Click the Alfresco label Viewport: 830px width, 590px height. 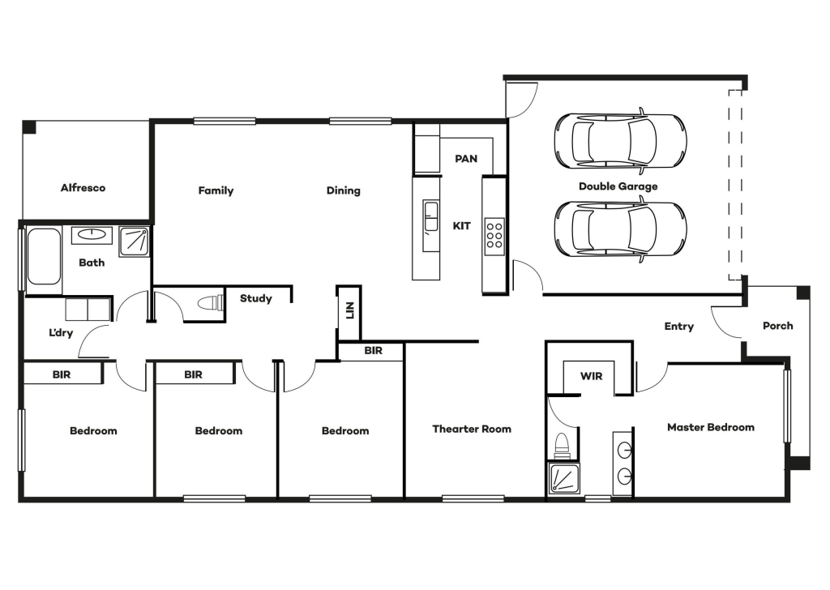[x=83, y=188]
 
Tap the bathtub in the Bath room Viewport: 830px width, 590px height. [x=44, y=257]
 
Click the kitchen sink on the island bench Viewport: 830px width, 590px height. [x=430, y=217]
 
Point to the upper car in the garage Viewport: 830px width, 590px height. [x=620, y=141]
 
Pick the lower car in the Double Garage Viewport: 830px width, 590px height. [x=620, y=229]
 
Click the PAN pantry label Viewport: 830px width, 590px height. [x=466, y=159]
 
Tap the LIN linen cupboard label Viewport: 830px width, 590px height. [x=349, y=310]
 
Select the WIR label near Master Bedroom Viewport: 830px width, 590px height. [x=591, y=376]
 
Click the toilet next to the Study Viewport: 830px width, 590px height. [x=211, y=304]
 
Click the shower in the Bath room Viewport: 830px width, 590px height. [x=135, y=242]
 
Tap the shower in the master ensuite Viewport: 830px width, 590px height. [x=564, y=479]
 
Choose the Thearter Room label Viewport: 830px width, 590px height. [x=472, y=430]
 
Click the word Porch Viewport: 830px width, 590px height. [x=777, y=326]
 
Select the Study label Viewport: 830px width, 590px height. [x=255, y=298]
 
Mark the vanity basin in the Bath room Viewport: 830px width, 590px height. [x=92, y=234]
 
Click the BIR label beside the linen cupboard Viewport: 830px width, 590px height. [x=373, y=350]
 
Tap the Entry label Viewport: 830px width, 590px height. [x=678, y=327]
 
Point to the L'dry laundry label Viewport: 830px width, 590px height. [x=61, y=333]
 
